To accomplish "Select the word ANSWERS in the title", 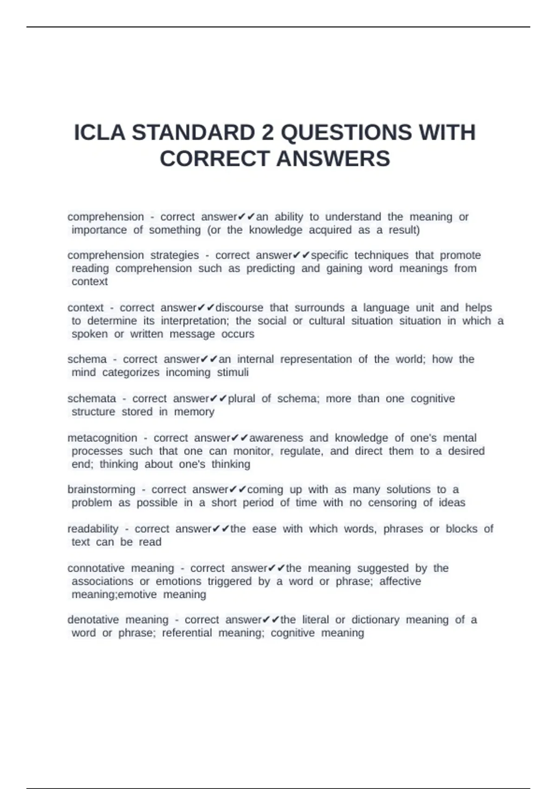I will point(333,159).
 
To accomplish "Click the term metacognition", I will point(102,438).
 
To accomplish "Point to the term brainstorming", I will point(101,490).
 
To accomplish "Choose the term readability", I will point(93,529).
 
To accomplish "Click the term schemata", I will point(91,399).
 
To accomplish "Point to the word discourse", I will point(240,308).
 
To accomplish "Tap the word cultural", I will point(327,321).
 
